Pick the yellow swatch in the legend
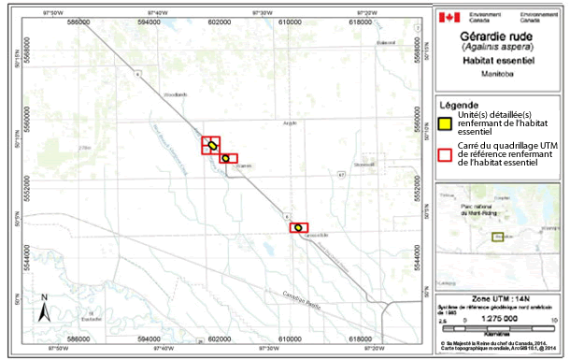click(x=447, y=122)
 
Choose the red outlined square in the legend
click(x=447, y=154)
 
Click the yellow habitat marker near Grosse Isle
click(x=298, y=227)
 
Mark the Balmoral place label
click(x=379, y=43)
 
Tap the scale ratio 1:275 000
click(x=501, y=318)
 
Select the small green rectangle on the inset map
click(x=498, y=237)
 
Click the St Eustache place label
click(x=91, y=315)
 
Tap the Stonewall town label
click(x=364, y=165)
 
